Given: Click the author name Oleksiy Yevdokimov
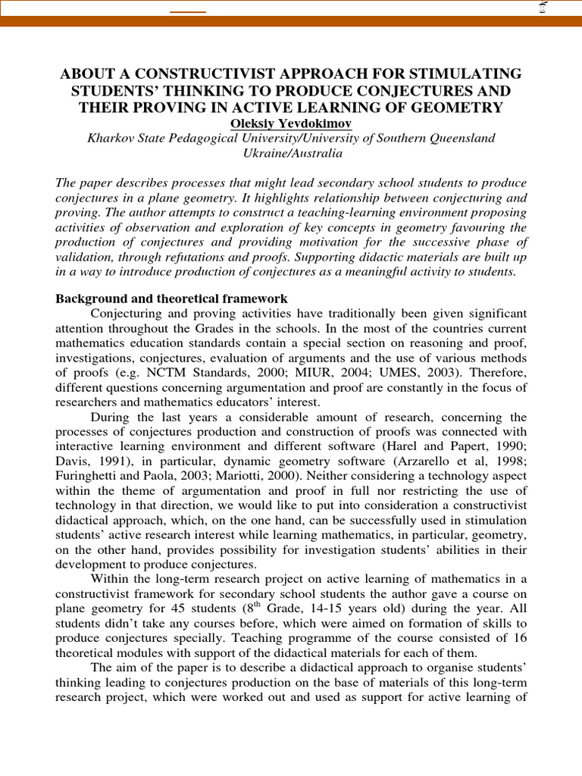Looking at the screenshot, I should [291, 123].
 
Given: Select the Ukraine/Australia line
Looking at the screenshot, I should [291, 153].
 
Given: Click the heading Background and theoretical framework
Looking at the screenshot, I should [171, 299].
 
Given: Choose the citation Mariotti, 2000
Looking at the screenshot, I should [248, 476].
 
